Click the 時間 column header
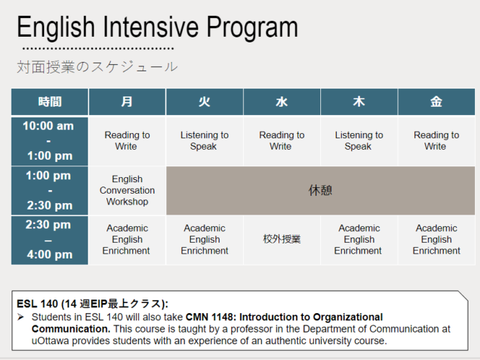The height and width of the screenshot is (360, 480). pos(50,102)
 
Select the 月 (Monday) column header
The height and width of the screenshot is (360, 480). pos(127,102)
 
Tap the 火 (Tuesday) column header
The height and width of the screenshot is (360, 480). pos(204,102)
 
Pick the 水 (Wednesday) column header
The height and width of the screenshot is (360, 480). pos(282,102)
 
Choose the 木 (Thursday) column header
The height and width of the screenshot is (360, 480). pos(359,102)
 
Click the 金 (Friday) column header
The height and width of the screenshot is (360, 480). pos(437,102)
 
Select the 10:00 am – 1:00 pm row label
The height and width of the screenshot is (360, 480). pos(50,141)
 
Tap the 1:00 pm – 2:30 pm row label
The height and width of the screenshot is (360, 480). pos(50,191)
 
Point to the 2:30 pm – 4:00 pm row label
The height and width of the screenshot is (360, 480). pos(50,240)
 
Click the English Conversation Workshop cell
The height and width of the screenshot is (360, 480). pos(127,191)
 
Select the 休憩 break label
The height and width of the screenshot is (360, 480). pos(320,191)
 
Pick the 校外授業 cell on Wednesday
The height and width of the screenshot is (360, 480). pos(282,239)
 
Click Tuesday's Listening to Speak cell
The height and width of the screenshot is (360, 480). pos(204,141)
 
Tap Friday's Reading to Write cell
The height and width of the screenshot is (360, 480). pos(437,141)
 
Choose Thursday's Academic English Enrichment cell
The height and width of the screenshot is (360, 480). pos(359,240)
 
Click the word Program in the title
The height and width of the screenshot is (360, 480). pos(253,27)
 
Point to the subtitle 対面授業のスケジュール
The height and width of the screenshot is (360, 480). pos(97,67)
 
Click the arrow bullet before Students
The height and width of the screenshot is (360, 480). pos(21,317)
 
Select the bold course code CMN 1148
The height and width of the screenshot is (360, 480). pos(209,317)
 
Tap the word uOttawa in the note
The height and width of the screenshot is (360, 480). pos(50,341)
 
